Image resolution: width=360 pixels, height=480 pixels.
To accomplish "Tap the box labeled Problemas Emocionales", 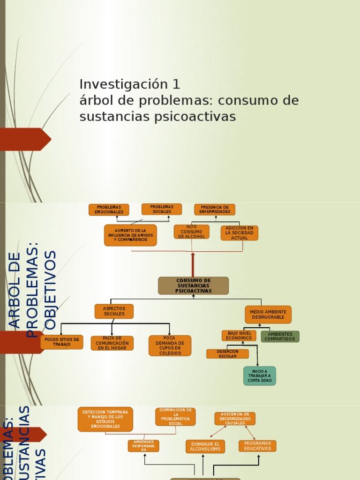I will [109, 210].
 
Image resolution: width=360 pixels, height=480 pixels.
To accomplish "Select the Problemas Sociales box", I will [162, 209].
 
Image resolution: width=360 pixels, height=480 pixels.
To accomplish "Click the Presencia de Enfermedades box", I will [215, 210].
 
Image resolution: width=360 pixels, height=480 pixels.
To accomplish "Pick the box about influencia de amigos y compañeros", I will [130, 235].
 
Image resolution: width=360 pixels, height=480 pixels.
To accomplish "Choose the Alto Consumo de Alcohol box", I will [191, 232].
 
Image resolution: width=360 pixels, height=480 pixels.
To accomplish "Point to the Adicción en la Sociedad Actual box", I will [239, 233].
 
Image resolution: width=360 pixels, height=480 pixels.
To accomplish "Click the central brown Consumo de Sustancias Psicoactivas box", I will [193, 285].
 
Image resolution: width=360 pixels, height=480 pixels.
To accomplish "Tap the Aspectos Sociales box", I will [114, 311].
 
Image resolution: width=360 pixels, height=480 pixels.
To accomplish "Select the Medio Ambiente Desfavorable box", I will [268, 315].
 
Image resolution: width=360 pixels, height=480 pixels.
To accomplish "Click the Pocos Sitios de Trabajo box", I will [62, 342].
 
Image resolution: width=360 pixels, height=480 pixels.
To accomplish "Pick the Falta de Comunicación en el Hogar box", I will [112, 343].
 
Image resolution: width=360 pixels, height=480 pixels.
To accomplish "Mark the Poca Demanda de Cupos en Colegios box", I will [170, 345].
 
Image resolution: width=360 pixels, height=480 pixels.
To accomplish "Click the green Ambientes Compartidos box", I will [280, 337].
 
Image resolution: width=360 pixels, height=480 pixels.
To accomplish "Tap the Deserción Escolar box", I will [227, 354].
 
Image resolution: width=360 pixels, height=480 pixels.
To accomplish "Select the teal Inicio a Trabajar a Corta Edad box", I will [260, 376].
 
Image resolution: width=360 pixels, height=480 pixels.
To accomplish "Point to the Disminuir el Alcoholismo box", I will [205, 446].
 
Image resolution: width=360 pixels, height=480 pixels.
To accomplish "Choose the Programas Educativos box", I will [257, 446].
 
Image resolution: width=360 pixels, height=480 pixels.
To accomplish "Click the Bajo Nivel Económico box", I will [239, 336].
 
